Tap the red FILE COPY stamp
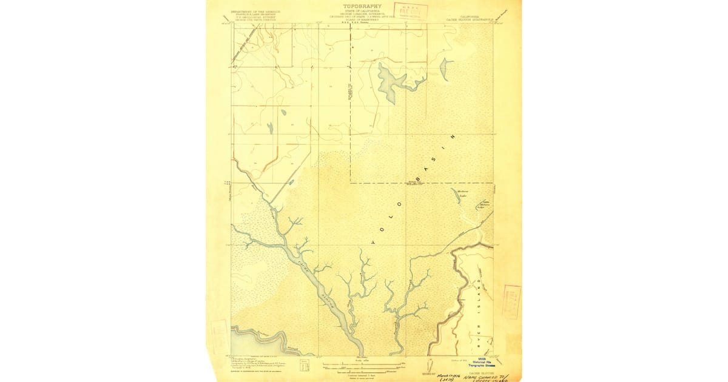(x=411, y=11)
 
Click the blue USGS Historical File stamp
(x=480, y=363)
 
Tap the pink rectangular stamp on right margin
(x=511, y=302)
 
